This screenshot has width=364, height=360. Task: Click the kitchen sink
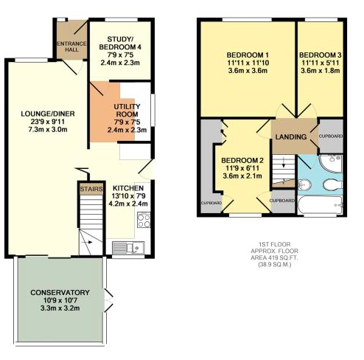pyautogui.click(x=128, y=247)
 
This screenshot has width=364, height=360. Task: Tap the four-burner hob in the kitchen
pyautogui.click(x=144, y=220)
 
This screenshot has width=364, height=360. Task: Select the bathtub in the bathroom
pyautogui.click(x=321, y=205)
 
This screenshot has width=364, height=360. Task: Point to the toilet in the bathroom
pyautogui.click(x=333, y=184)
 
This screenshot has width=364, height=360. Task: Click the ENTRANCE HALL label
pyautogui.click(x=71, y=46)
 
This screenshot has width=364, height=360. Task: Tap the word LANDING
pyautogui.click(x=291, y=136)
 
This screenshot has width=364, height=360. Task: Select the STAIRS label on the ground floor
pyautogui.click(x=91, y=189)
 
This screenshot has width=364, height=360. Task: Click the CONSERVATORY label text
pyautogui.click(x=60, y=292)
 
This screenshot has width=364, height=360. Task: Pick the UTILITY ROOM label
pyautogui.click(x=127, y=110)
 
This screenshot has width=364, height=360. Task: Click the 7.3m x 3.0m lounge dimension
pyautogui.click(x=48, y=130)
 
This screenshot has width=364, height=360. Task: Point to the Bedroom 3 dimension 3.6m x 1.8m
pyautogui.click(x=321, y=71)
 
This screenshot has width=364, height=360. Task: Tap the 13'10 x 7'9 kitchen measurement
pyautogui.click(x=128, y=196)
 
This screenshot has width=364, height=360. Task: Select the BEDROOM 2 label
pyautogui.click(x=242, y=161)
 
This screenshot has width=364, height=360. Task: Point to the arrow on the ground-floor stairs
pyautogui.click(x=87, y=242)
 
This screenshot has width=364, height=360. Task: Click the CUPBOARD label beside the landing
pyautogui.click(x=331, y=136)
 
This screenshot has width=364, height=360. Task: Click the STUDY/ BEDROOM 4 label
pyautogui.click(x=120, y=43)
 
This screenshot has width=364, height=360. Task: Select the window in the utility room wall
pyautogui.click(x=153, y=110)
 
